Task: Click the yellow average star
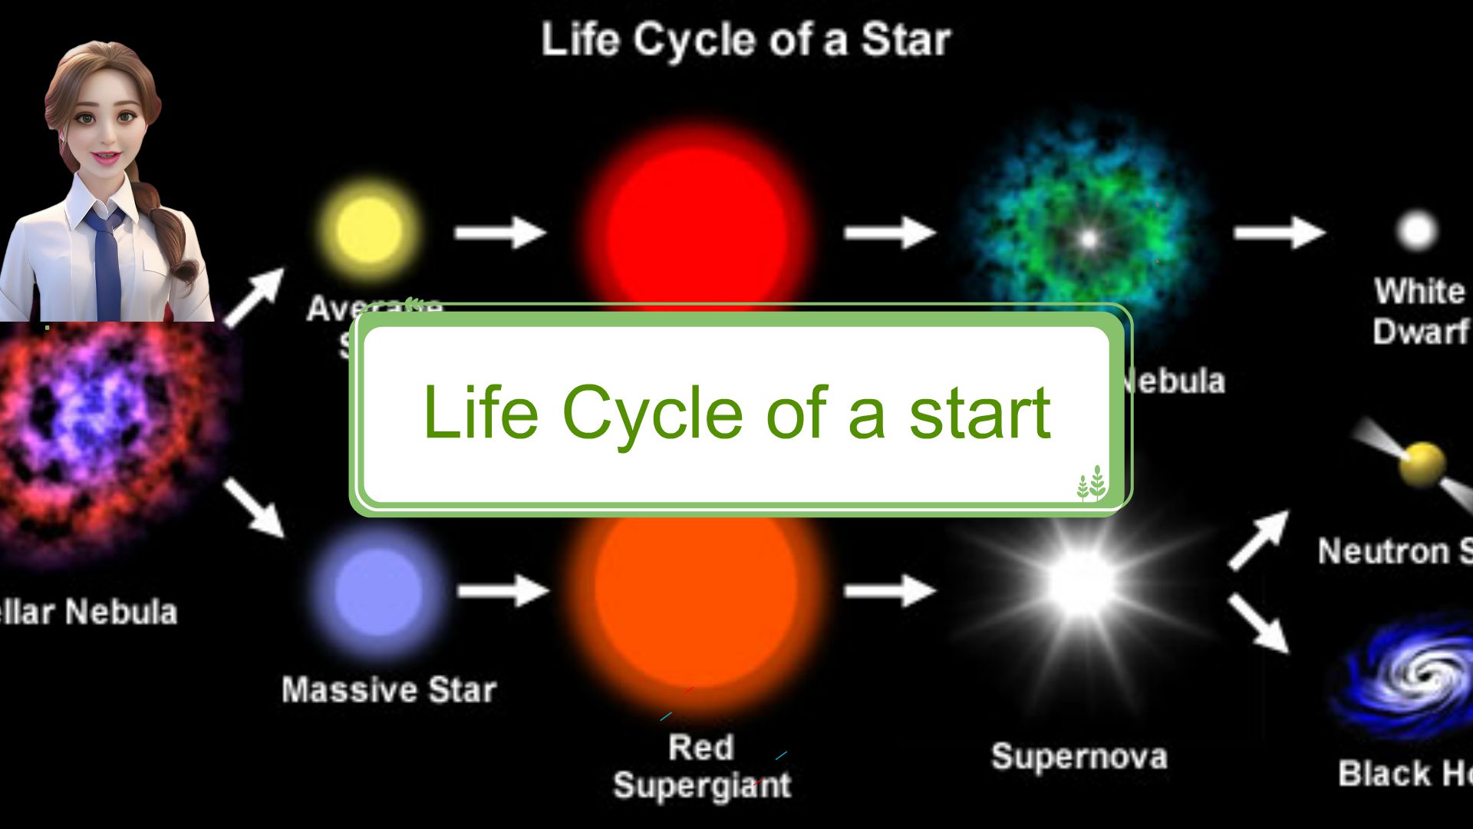coord(370,229)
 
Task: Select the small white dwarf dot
coord(1416,230)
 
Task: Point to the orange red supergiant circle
coord(695,599)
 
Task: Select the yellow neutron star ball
coord(1422,463)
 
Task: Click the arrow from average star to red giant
coord(500,232)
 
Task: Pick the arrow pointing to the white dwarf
coord(1279,232)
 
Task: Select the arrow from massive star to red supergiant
coord(503,590)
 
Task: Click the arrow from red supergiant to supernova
coord(890,590)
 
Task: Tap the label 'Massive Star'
coord(389,689)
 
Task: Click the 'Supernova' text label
coord(1079,757)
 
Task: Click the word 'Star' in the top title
coord(905,40)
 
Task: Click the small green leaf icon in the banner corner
coord(1091,484)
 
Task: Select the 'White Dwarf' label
coord(1419,312)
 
